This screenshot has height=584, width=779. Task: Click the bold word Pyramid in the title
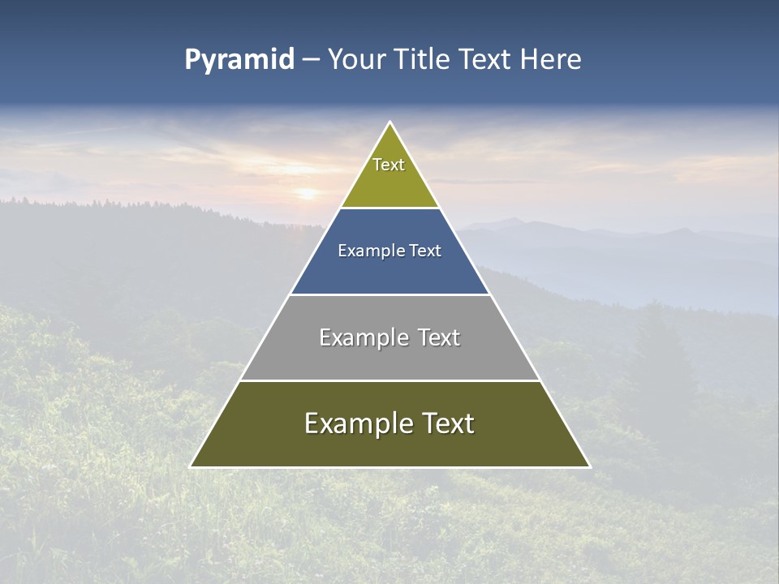pyautogui.click(x=239, y=59)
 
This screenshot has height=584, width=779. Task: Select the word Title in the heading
pyautogui.click(x=424, y=59)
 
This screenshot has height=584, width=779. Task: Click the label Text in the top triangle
pyautogui.click(x=389, y=165)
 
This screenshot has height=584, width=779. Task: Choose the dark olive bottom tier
pyautogui.click(x=389, y=446)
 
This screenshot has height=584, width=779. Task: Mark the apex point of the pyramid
pyautogui.click(x=390, y=122)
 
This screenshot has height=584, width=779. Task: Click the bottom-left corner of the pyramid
pyautogui.click(x=191, y=466)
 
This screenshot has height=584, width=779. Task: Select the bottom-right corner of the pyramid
pyautogui.click(x=590, y=466)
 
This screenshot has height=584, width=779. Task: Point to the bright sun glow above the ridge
pyautogui.click(x=308, y=194)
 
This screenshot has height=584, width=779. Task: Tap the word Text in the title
pyautogui.click(x=484, y=59)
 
